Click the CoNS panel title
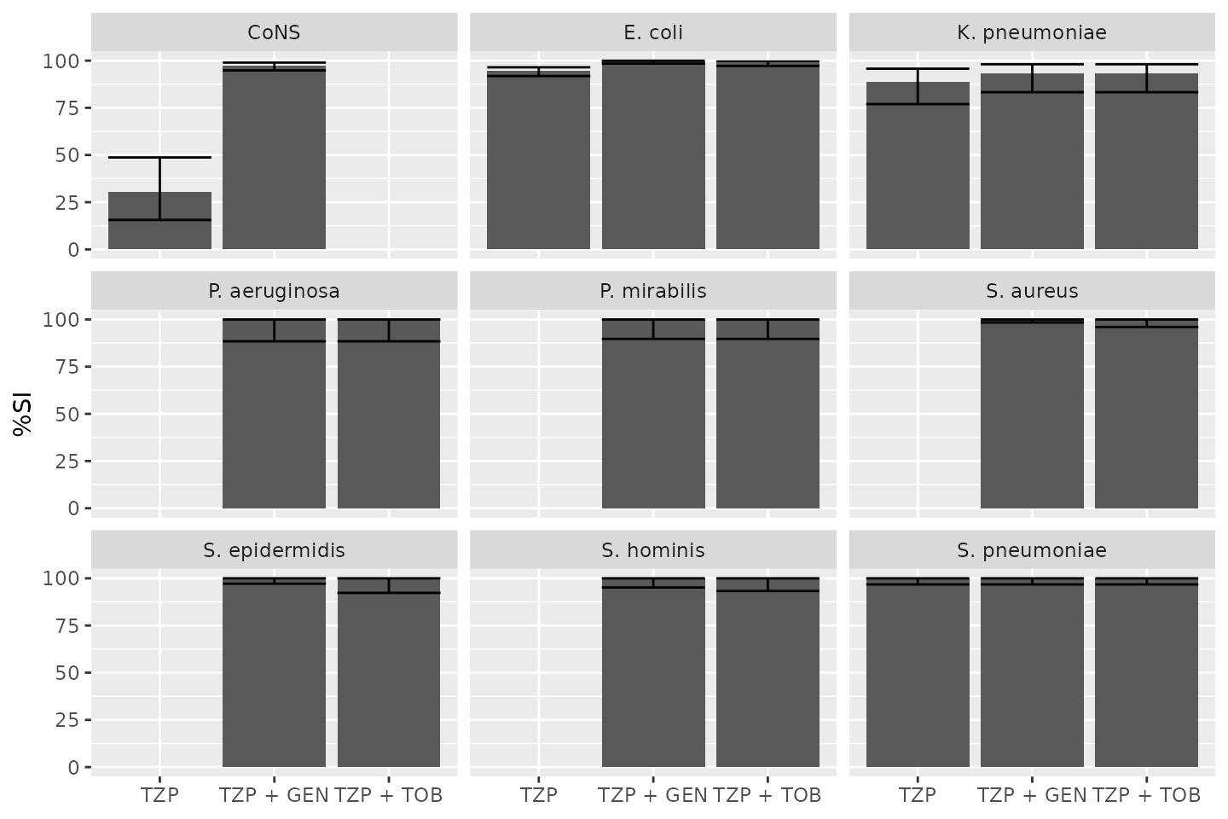[274, 32]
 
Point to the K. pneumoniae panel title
[1032, 32]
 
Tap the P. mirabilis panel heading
[653, 291]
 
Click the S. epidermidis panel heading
[274, 550]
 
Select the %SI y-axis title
[23, 414]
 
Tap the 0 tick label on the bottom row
[74, 767]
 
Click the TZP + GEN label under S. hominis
[652, 795]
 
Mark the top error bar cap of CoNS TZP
[159, 157]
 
